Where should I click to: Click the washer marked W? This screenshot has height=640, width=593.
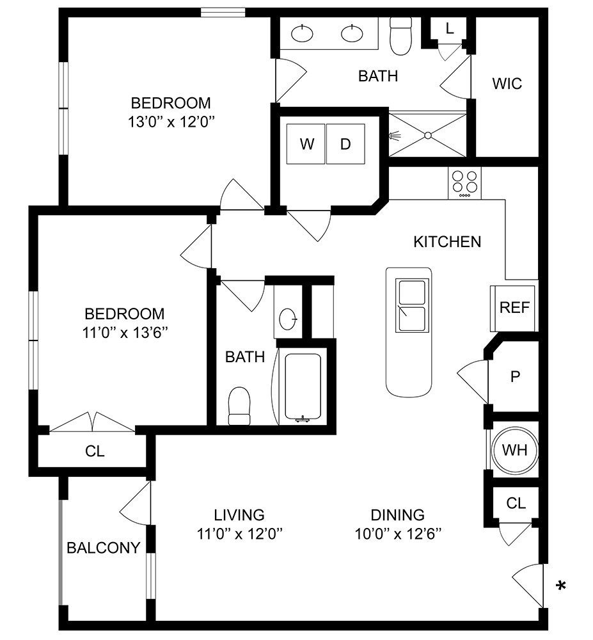(x=307, y=144)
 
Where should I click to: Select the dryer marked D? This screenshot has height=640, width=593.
(x=345, y=144)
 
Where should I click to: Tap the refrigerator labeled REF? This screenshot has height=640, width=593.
(x=514, y=308)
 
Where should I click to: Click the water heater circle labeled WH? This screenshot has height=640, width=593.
(x=514, y=450)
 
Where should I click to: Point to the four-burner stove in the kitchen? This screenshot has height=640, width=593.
(x=465, y=183)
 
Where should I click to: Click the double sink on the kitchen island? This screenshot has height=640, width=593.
(x=411, y=307)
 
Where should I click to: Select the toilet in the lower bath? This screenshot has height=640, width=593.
(x=239, y=406)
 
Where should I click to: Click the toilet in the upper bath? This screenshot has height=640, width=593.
(x=400, y=36)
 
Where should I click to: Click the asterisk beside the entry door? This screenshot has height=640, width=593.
(x=562, y=586)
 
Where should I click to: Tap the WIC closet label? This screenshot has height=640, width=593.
(x=507, y=84)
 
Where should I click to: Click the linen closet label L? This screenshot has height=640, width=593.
(x=449, y=28)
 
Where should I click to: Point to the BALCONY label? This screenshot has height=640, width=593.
(x=104, y=548)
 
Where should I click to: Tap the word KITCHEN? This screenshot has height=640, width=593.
(x=447, y=242)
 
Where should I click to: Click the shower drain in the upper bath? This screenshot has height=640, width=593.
(x=427, y=135)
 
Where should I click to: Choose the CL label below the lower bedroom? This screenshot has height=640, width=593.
(x=95, y=452)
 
